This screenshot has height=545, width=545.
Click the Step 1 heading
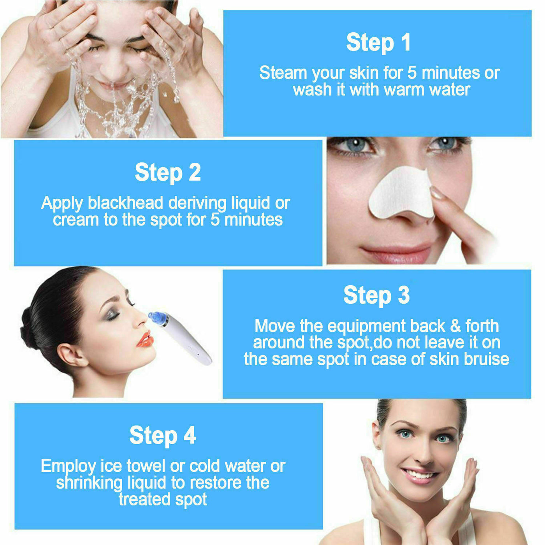378,42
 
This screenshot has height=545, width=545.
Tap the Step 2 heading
168,172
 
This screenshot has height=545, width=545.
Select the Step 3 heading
376,295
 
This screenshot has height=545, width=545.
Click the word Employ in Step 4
68,466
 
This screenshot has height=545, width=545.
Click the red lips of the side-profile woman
145,339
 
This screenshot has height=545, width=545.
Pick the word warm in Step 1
403,90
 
